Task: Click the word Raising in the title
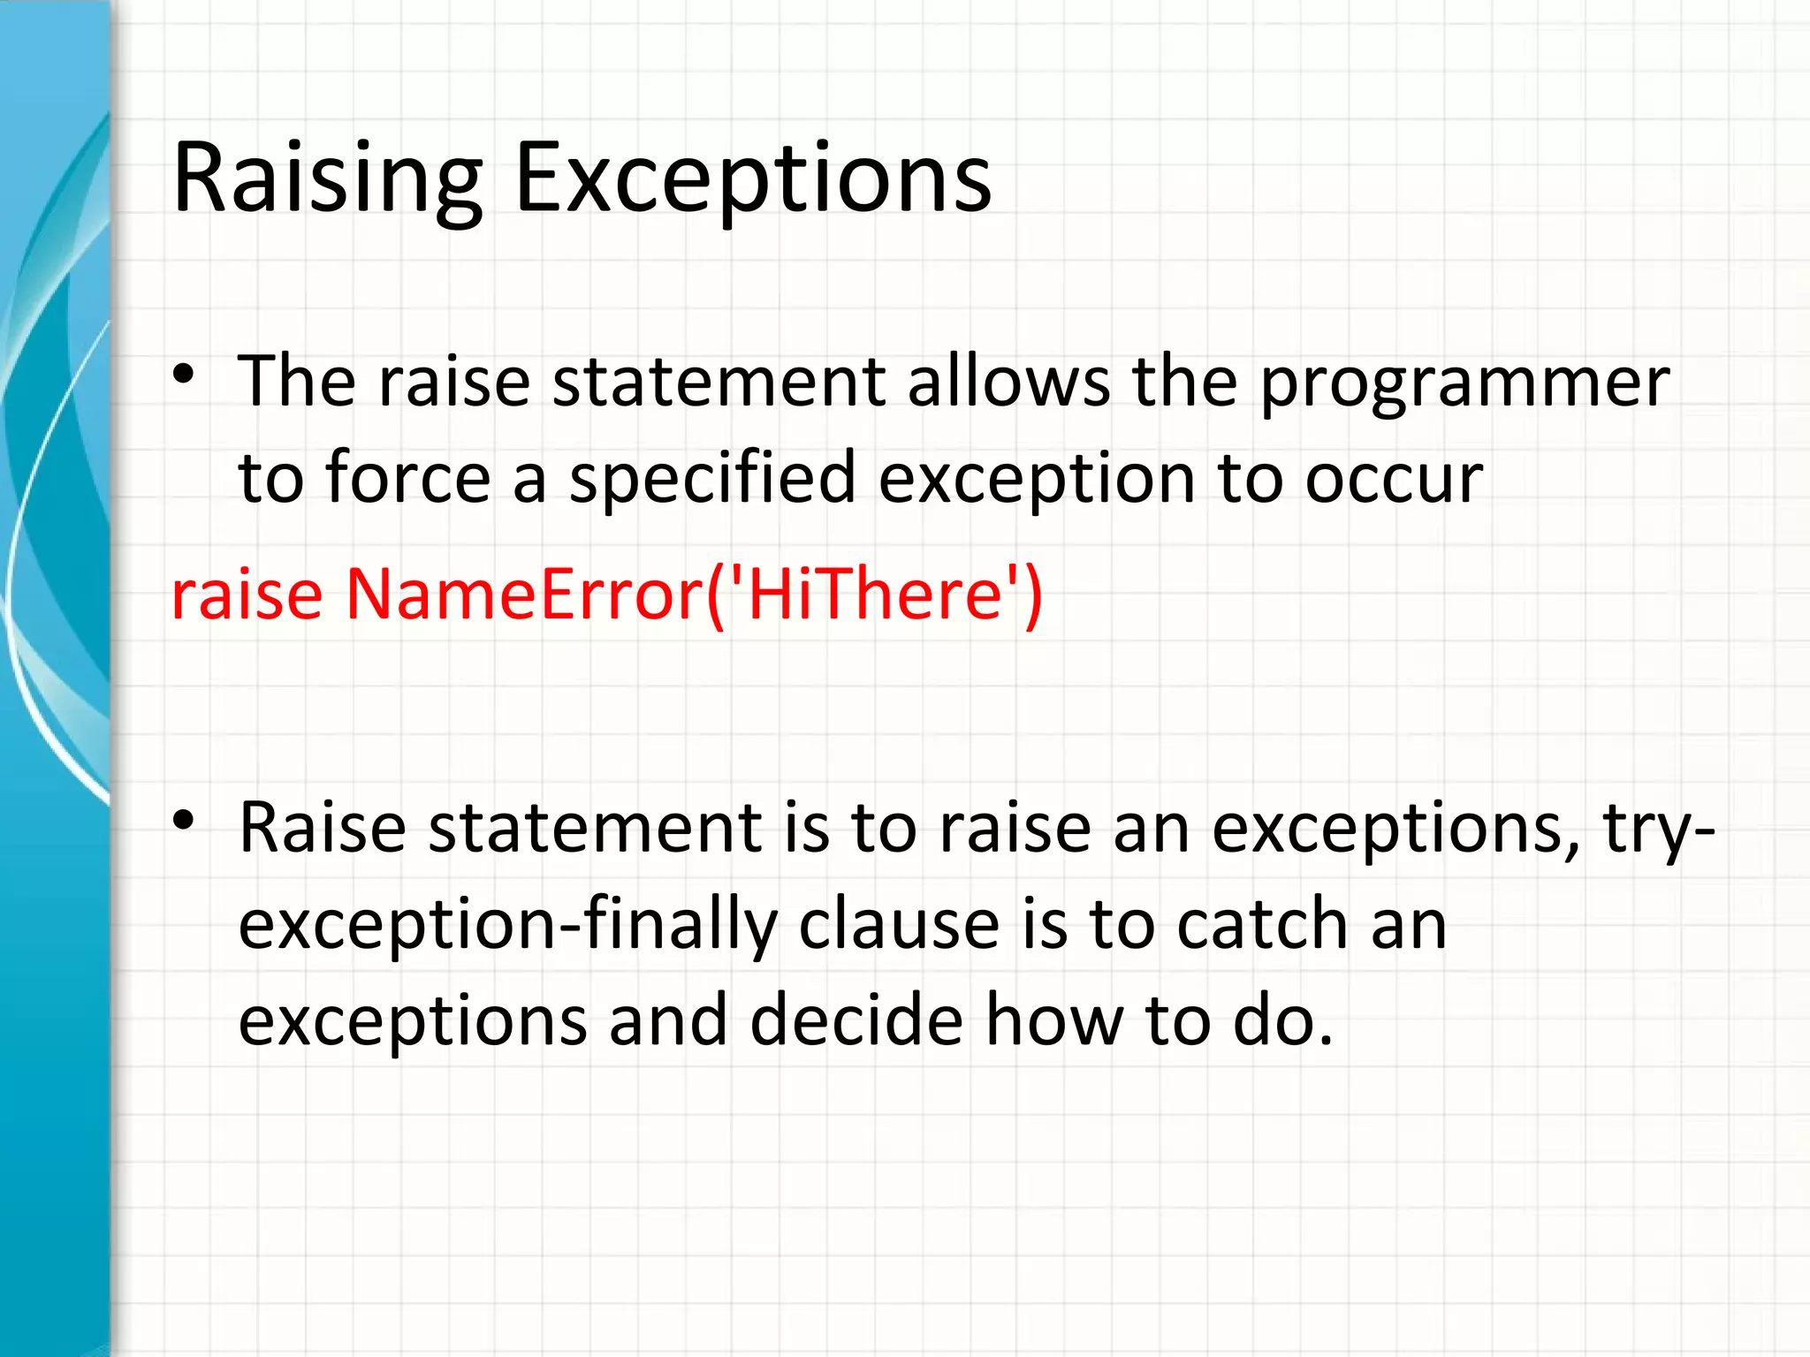pyautogui.click(x=327, y=178)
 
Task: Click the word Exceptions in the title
pyautogui.click(x=752, y=178)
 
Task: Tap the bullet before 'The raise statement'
pyautogui.click(x=183, y=375)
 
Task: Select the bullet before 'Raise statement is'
pyautogui.click(x=183, y=821)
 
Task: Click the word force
pyautogui.click(x=407, y=478)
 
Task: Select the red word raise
pyautogui.click(x=247, y=594)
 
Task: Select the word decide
pyautogui.click(x=856, y=1020)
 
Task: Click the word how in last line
pyautogui.click(x=1053, y=1020)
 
